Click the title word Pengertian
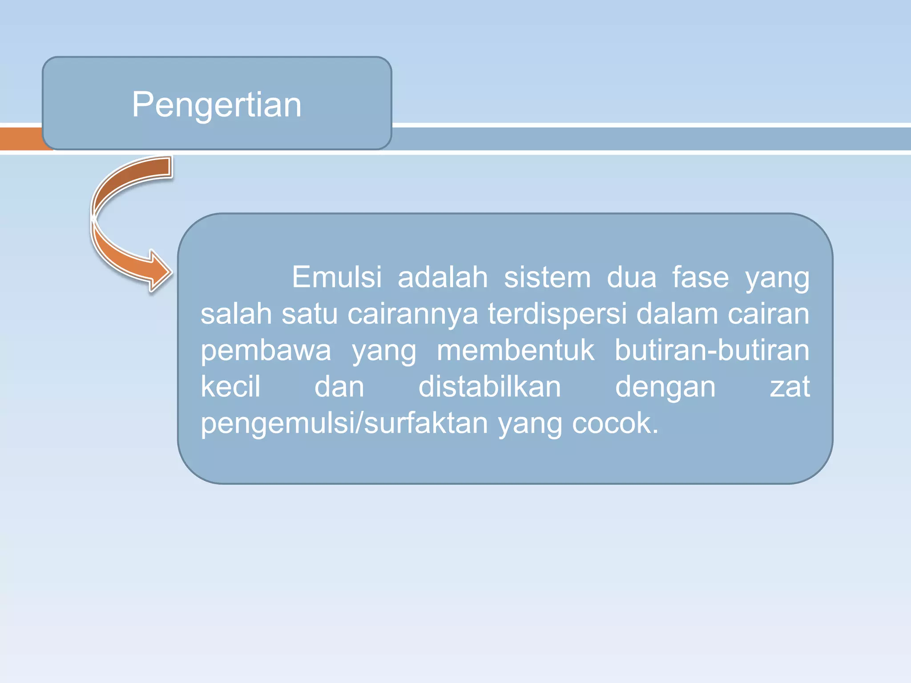click(217, 105)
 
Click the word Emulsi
click(337, 277)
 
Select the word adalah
click(443, 277)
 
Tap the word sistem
click(547, 277)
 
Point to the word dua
click(632, 277)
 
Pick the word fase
click(700, 277)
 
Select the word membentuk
click(515, 350)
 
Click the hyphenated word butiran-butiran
click(712, 350)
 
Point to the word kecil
click(230, 387)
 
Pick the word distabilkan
click(490, 387)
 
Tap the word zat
click(790, 387)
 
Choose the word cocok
click(614, 423)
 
